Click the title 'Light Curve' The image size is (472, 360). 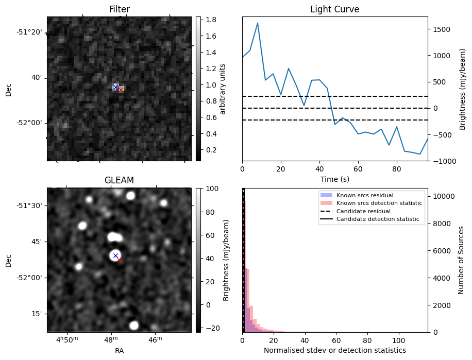point(334,9)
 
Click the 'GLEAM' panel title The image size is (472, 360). point(119,180)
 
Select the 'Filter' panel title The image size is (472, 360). point(119,9)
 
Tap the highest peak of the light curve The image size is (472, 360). point(257,23)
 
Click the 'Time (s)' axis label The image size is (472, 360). point(334,179)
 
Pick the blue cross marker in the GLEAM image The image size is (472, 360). point(115,255)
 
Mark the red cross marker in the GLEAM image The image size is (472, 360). point(119,260)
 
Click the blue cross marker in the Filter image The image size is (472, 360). point(115,87)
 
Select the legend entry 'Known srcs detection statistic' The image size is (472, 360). point(379,203)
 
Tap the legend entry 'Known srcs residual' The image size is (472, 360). point(364,196)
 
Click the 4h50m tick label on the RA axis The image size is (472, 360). point(69,338)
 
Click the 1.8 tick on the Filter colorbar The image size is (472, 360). point(210,20)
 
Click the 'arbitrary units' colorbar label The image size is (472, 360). point(223,89)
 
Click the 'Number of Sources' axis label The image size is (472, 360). point(461,260)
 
